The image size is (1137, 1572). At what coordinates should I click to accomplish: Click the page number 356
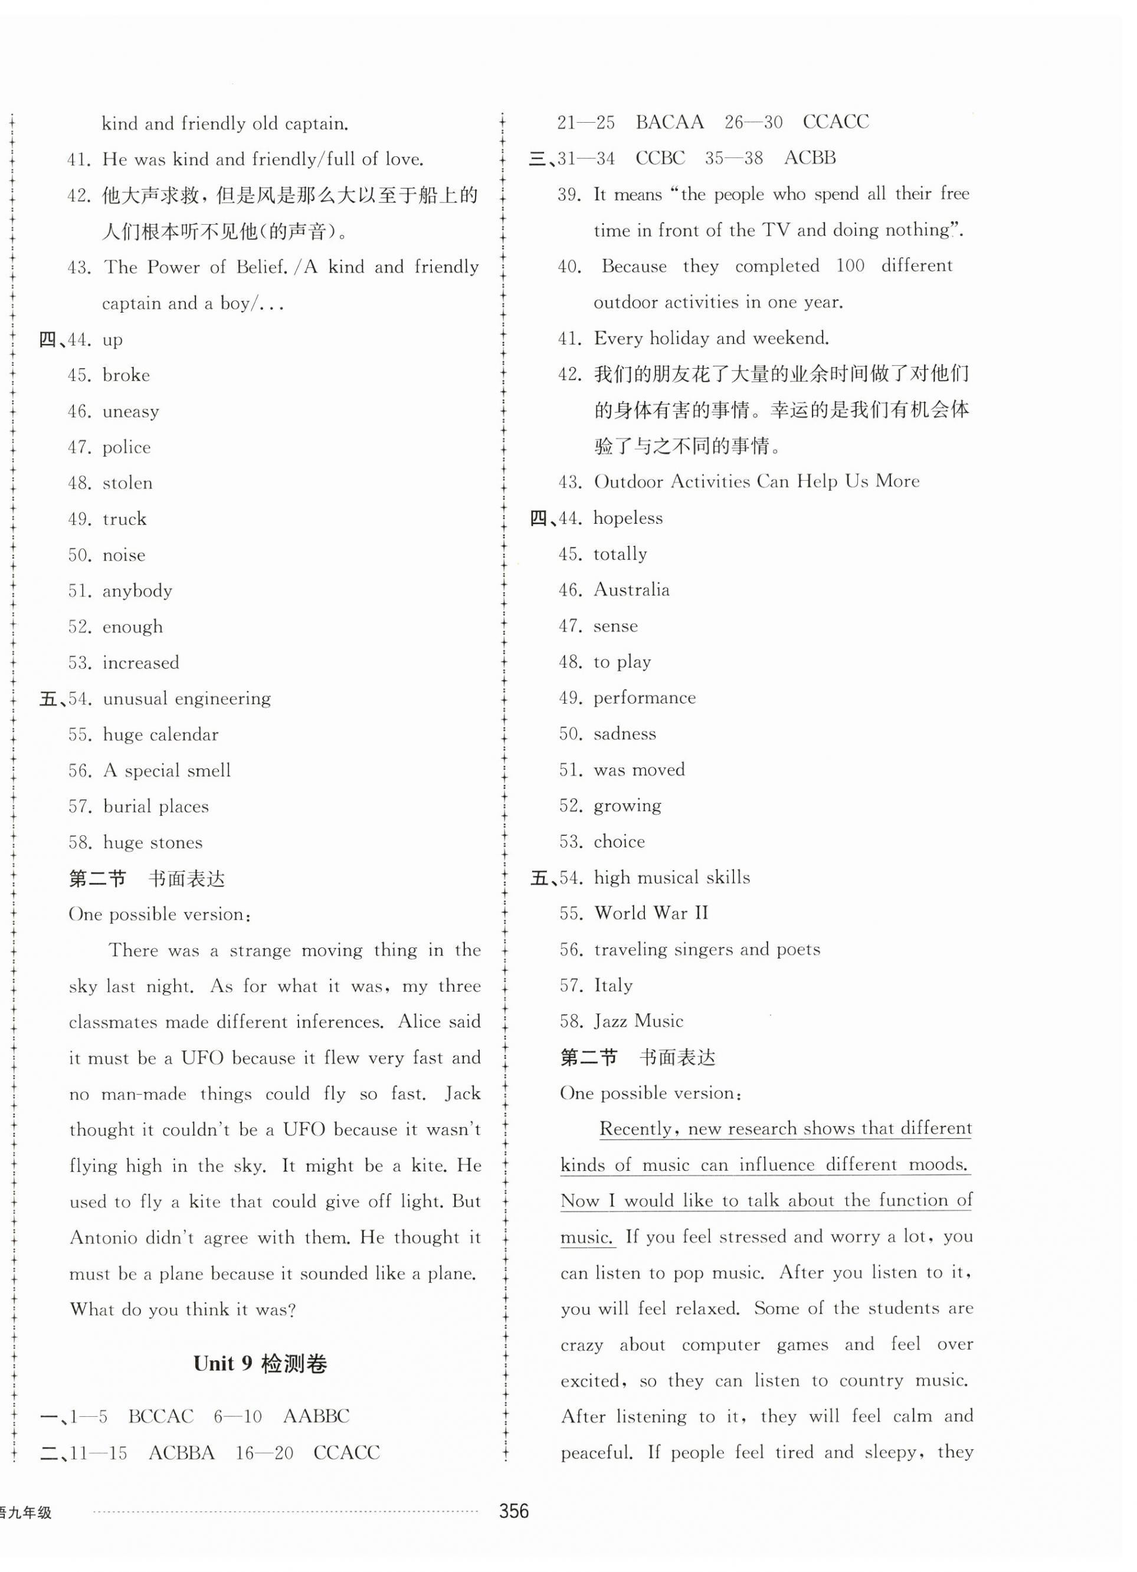[x=514, y=1512]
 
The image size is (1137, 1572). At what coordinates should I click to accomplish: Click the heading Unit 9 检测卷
[x=260, y=1363]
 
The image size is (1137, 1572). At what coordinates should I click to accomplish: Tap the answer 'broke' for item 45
[x=126, y=375]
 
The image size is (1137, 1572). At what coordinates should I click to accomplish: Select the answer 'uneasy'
[x=130, y=412]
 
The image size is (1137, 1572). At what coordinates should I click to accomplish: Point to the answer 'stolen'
[x=127, y=483]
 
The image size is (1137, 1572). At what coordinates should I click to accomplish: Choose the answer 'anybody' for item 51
[x=137, y=590]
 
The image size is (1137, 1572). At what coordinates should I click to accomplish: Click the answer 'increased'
[x=141, y=662]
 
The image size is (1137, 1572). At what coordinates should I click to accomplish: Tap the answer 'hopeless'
[x=627, y=518]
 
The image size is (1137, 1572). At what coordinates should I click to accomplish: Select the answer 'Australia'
[x=631, y=590]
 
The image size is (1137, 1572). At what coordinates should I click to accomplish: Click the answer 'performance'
[x=644, y=697]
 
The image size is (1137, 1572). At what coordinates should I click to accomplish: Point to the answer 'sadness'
[x=625, y=733]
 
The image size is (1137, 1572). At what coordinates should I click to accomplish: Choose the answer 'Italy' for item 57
[x=613, y=985]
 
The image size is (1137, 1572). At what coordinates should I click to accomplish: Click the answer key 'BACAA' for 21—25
[x=669, y=123]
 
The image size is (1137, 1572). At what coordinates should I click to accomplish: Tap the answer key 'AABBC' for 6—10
[x=316, y=1416]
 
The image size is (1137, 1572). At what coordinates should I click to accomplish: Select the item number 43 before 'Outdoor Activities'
[x=571, y=482]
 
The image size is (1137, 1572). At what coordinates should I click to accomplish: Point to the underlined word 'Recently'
[x=635, y=1128]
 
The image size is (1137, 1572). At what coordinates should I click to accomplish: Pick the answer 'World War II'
[x=651, y=913]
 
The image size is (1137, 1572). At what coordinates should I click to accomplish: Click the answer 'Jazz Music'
[x=638, y=1021]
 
